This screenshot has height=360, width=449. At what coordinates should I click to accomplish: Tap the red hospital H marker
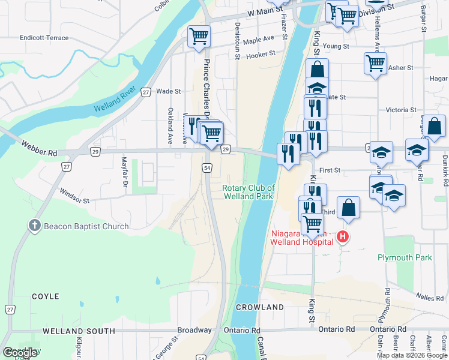click(343, 237)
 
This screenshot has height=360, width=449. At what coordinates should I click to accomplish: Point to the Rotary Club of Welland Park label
click(248, 192)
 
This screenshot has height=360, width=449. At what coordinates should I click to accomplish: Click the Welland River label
click(115, 102)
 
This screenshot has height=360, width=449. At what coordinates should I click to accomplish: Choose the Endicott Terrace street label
click(44, 37)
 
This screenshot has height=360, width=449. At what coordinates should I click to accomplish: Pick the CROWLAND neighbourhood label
click(259, 307)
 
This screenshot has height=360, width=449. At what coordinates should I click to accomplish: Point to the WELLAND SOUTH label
click(79, 331)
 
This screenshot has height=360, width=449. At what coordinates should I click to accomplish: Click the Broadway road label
click(194, 330)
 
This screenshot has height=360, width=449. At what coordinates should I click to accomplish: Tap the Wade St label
click(168, 91)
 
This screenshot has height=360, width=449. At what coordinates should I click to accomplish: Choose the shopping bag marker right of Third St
click(348, 208)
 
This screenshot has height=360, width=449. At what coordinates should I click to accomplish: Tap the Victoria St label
click(401, 110)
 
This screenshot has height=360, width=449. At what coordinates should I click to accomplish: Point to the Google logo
click(20, 353)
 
